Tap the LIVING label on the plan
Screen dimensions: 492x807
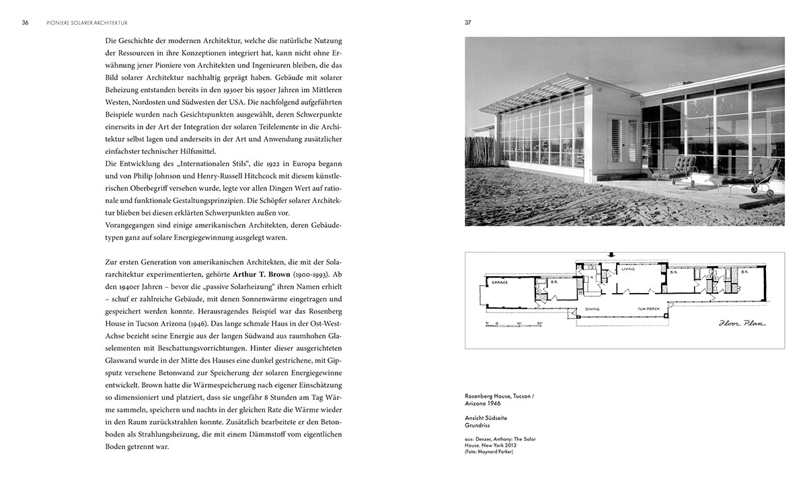pyautogui.click(x=628, y=270)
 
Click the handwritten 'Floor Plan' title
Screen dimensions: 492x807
pyautogui.click(x=744, y=323)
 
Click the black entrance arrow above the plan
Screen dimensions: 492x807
pyautogui.click(x=609, y=255)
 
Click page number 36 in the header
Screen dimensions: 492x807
pyautogui.click(x=25, y=22)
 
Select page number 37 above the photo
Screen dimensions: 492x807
pyautogui.click(x=468, y=22)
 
